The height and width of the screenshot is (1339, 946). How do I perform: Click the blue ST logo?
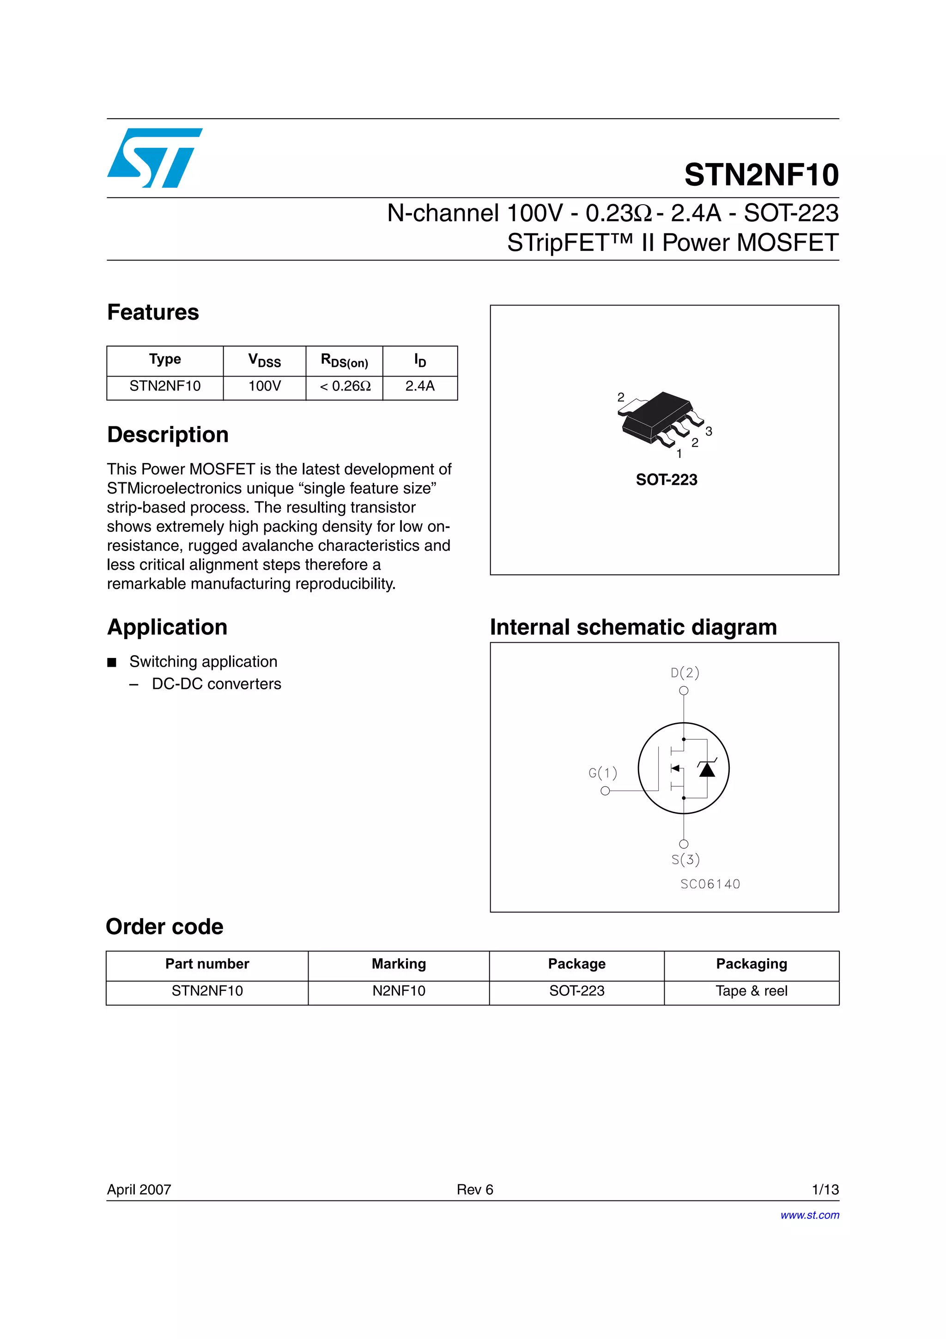pos(154,158)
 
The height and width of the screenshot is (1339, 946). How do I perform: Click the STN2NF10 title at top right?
pos(761,175)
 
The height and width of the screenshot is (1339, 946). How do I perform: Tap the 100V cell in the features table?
pos(265,386)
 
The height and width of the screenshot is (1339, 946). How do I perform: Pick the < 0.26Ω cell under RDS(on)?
pos(345,386)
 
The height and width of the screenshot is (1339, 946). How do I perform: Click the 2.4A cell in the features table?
pos(420,386)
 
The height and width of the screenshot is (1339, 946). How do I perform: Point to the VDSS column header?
pos(265,360)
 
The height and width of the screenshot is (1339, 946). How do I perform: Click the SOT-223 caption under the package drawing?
pos(666,480)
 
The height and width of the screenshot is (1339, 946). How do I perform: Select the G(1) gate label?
pos(603,773)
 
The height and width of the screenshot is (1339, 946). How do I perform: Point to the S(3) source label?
pos(685,859)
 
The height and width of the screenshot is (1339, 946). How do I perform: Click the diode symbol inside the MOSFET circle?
pos(707,770)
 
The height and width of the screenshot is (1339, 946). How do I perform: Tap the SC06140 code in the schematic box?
pos(710,884)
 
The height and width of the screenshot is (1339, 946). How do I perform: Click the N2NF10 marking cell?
pos(399,991)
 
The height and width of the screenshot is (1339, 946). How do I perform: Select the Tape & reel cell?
pos(752,991)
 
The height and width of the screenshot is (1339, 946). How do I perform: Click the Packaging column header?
pos(752,964)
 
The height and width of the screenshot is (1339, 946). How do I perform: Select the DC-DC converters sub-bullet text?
pos(216,684)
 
